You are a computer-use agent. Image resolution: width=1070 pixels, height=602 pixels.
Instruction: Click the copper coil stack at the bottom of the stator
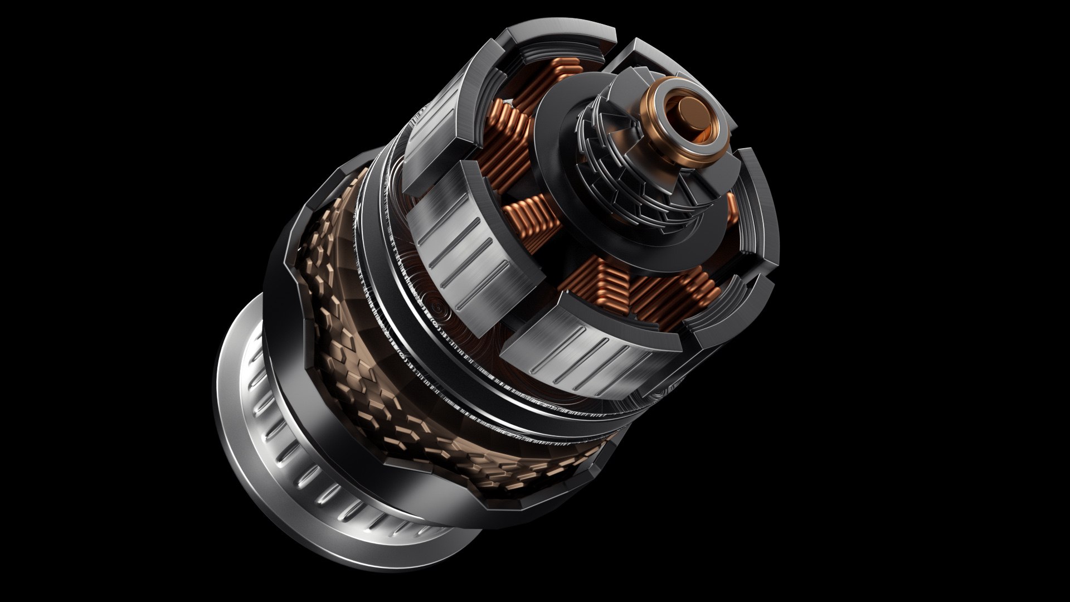[641, 295]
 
